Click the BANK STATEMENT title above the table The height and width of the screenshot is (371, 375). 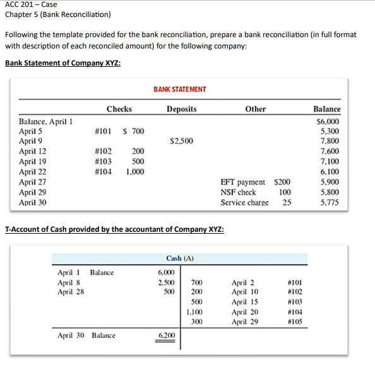tap(179, 89)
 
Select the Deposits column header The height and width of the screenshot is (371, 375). tap(182, 109)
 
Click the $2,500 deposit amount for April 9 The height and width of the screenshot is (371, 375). tap(181, 141)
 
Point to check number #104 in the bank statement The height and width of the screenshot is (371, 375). tap(103, 171)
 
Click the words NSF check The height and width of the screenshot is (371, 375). tap(238, 191)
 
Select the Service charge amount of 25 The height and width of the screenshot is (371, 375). tap(287, 202)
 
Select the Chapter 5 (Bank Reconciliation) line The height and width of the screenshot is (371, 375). tap(57, 14)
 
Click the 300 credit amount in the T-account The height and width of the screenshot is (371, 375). tap(196, 321)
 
